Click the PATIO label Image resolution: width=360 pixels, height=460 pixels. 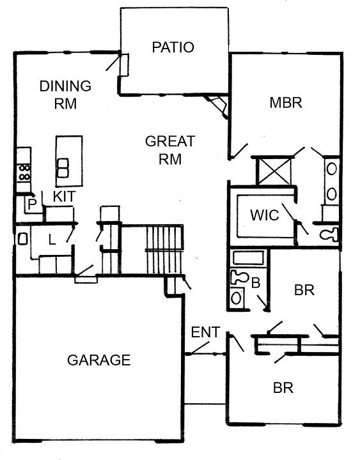[173, 47]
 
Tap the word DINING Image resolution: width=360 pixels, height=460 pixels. [65, 86]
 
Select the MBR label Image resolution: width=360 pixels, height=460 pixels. [286, 103]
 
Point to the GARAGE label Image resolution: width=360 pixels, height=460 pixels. [98, 360]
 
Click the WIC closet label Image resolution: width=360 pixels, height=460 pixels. [265, 215]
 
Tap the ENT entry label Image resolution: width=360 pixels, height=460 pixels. [205, 332]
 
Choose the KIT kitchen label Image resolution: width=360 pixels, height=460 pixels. [65, 196]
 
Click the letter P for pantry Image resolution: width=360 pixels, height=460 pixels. [32, 204]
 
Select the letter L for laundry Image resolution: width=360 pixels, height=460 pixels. [52, 240]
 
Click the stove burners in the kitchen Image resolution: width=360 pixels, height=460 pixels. [24, 172]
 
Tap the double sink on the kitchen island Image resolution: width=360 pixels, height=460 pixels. [63, 168]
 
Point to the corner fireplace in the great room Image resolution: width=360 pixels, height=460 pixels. [217, 105]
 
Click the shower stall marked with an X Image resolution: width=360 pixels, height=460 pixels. [274, 171]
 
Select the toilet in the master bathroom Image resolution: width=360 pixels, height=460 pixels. [329, 234]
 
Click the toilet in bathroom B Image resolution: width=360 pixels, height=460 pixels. [239, 277]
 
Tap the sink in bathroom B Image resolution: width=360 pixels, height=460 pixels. [237, 298]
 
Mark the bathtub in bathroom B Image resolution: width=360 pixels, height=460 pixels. [248, 257]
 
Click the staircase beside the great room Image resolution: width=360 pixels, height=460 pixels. [164, 249]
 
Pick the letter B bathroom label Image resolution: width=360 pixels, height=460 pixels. [256, 283]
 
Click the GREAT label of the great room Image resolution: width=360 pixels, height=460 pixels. [170, 141]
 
